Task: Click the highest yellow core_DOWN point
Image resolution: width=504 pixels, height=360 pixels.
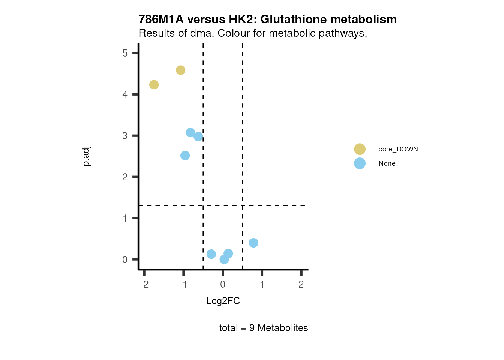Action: click(180, 70)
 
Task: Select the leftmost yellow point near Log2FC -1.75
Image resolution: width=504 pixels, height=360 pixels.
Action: click(154, 85)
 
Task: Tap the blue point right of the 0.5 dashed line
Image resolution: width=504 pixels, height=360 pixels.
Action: click(253, 243)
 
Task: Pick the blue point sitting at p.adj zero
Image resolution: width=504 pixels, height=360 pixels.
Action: click(224, 259)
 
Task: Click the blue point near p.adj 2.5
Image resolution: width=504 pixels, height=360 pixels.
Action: click(185, 156)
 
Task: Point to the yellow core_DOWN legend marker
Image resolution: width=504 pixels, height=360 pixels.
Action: click(360, 149)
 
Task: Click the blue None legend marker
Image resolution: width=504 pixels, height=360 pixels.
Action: click(360, 163)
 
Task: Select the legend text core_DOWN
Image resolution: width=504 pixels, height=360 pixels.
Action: click(398, 149)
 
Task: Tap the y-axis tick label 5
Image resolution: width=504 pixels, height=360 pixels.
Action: click(125, 53)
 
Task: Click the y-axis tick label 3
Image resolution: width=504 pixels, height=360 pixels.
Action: click(125, 136)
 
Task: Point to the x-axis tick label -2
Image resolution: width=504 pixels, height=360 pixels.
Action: click(144, 284)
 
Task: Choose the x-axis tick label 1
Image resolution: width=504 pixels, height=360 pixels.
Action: click(262, 284)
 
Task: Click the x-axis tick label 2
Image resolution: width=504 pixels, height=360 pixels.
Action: click(301, 284)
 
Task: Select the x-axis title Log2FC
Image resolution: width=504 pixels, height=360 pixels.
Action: click(223, 301)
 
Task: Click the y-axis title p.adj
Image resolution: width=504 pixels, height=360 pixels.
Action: click(87, 156)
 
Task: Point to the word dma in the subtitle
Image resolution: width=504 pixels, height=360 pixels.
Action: click(202, 33)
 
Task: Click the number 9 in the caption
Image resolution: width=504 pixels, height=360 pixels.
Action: click(252, 328)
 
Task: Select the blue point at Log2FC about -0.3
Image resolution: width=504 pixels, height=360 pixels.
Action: click(211, 254)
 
